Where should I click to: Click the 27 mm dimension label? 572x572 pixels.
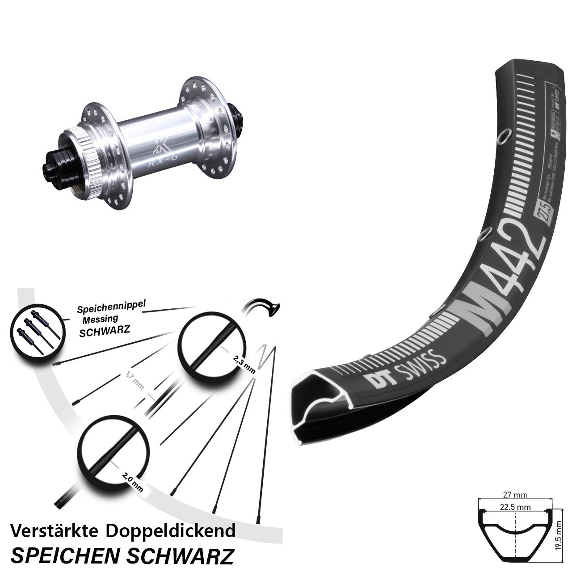tap(515, 495)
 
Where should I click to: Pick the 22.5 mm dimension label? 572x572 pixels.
tap(515, 507)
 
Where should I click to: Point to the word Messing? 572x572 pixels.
tap(100, 319)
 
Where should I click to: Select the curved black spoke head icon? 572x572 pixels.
tap(264, 308)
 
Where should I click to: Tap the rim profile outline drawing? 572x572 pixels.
tap(515, 534)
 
